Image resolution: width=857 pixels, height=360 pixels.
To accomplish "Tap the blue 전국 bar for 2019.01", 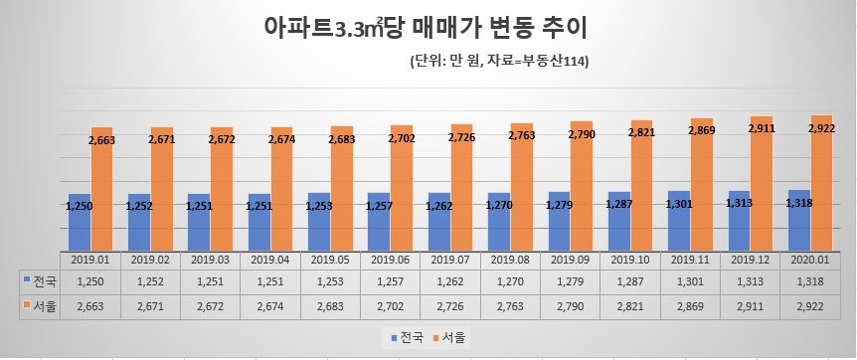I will (x=79, y=224).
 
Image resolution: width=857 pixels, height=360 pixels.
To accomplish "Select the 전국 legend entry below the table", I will (x=402, y=338).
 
